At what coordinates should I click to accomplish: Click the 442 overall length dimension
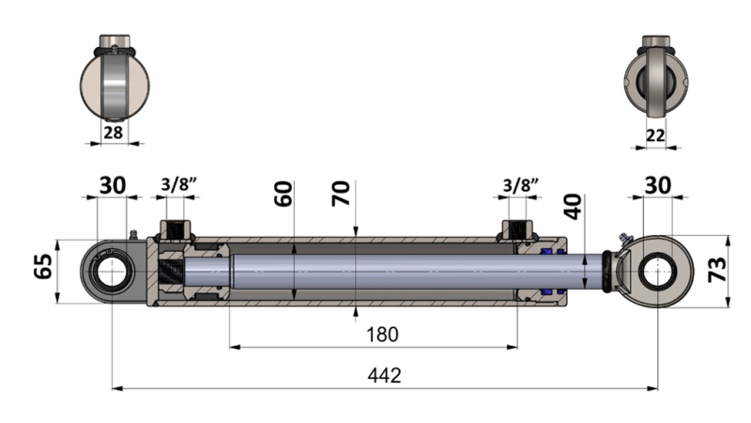click(x=385, y=375)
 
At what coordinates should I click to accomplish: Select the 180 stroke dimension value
click(x=382, y=334)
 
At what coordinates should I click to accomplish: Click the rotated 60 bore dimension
click(x=284, y=194)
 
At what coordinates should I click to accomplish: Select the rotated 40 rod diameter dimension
click(x=575, y=206)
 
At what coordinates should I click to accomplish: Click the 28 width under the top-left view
click(x=113, y=133)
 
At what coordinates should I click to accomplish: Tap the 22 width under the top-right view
click(x=656, y=135)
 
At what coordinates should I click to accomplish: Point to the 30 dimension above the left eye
click(x=113, y=184)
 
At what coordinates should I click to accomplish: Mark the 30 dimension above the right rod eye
click(x=658, y=184)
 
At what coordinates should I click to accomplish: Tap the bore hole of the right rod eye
click(x=657, y=270)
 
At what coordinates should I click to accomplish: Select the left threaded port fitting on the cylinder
click(x=176, y=230)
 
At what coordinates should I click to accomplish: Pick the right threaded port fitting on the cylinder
click(x=516, y=230)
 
